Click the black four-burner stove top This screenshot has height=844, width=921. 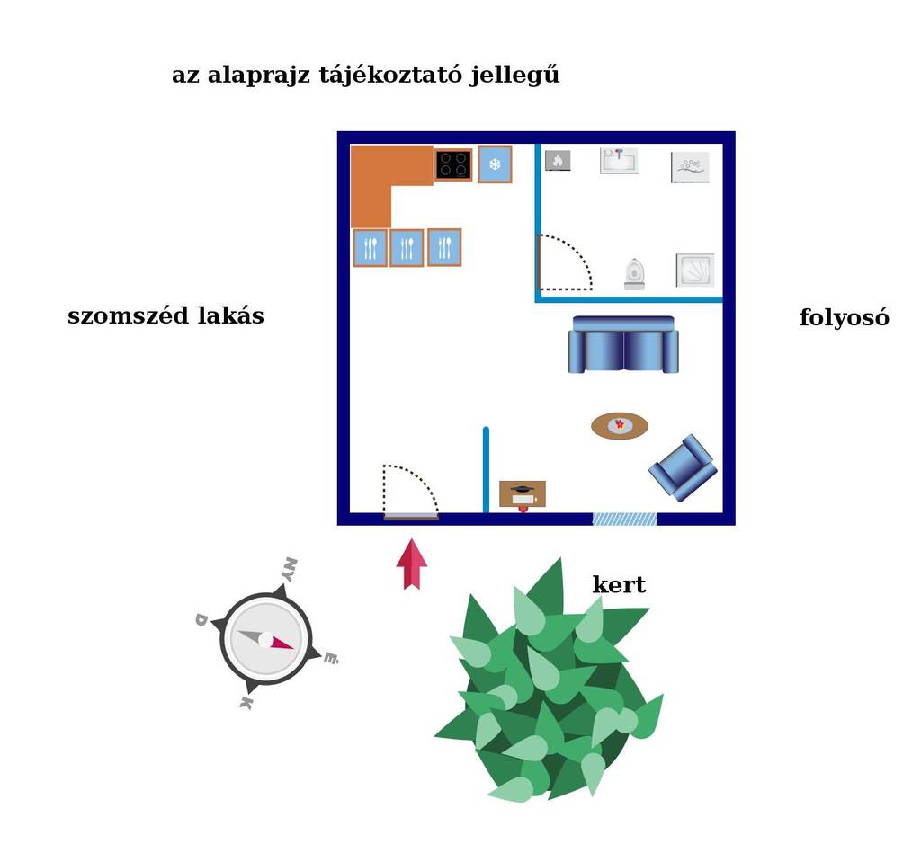point(453,164)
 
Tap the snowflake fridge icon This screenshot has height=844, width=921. point(495,164)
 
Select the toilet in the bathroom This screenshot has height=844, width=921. point(634,274)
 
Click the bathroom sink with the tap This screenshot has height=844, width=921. point(619,161)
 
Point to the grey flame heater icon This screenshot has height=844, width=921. point(558,160)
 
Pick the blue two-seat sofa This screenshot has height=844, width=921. point(623,344)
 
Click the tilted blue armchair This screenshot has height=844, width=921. point(684,467)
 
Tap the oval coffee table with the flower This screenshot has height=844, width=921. point(619,425)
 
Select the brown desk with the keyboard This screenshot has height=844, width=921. point(523,494)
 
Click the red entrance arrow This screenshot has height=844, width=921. point(412,564)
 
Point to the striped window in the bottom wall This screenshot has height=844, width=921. point(624,519)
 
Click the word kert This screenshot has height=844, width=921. point(619,584)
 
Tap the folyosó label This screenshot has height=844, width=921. point(844,317)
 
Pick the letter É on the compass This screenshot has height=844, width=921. point(331,658)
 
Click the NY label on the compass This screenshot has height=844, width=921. point(289,569)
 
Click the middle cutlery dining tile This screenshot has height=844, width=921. point(407,248)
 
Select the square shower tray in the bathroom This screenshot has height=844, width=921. point(695,271)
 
